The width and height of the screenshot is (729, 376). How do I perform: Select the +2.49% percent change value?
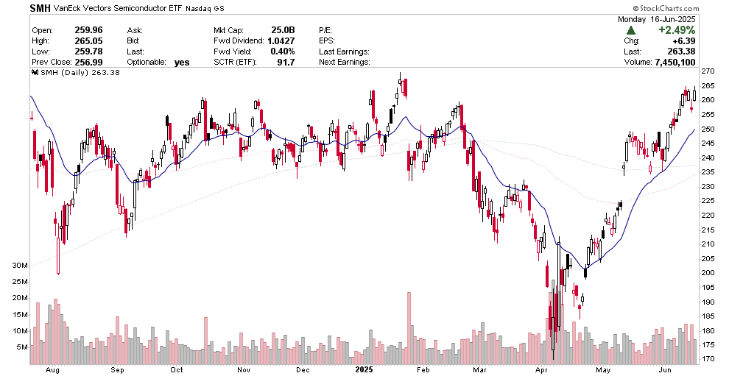pos(676,30)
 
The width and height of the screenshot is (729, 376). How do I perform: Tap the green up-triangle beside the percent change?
pos(631,30)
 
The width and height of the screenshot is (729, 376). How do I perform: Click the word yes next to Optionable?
pos(182,63)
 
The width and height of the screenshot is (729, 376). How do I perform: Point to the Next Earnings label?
pos(344,63)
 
